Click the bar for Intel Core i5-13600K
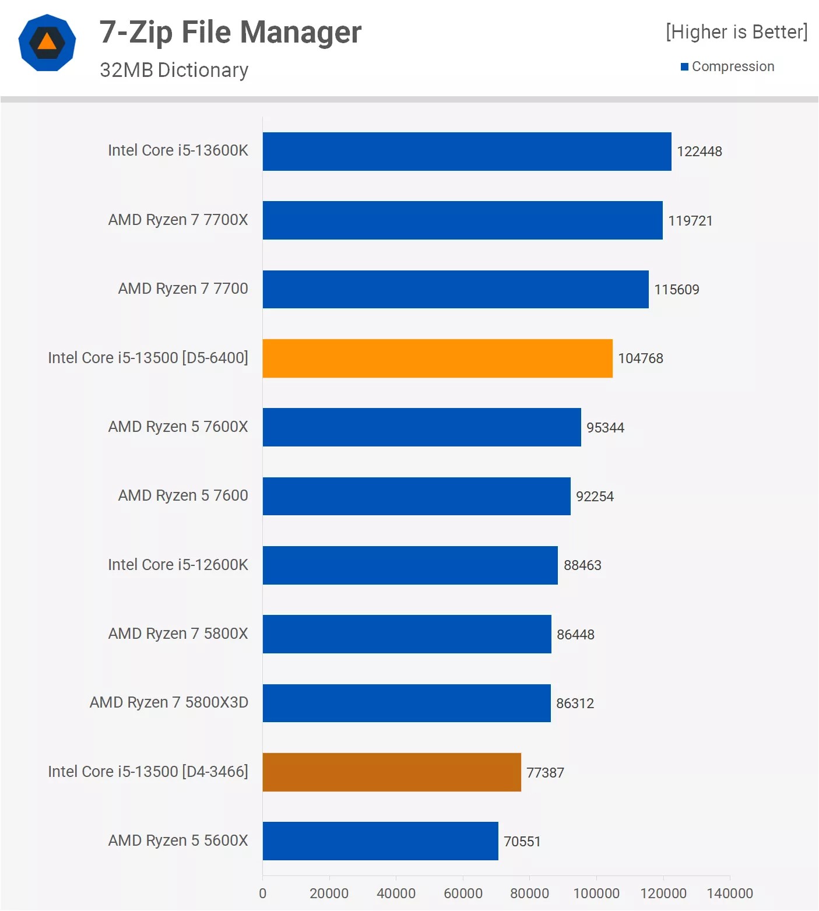click(x=466, y=152)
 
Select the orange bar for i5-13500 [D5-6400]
click(x=437, y=358)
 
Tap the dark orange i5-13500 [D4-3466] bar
click(x=392, y=772)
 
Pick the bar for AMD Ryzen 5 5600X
click(x=380, y=841)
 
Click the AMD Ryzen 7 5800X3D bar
click(x=406, y=703)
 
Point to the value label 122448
click(x=699, y=152)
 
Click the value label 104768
click(x=640, y=358)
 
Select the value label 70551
click(x=522, y=842)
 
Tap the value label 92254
click(x=595, y=497)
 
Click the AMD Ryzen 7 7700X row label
click(x=178, y=220)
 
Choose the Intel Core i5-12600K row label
click(x=178, y=565)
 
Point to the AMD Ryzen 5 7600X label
click(x=178, y=427)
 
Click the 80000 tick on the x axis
click(x=529, y=894)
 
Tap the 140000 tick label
click(x=729, y=894)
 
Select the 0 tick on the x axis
click(x=262, y=894)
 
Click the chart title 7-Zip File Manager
click(x=230, y=32)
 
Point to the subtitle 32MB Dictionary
click(x=174, y=70)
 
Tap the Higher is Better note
click(x=736, y=32)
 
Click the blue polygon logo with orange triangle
click(x=47, y=43)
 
